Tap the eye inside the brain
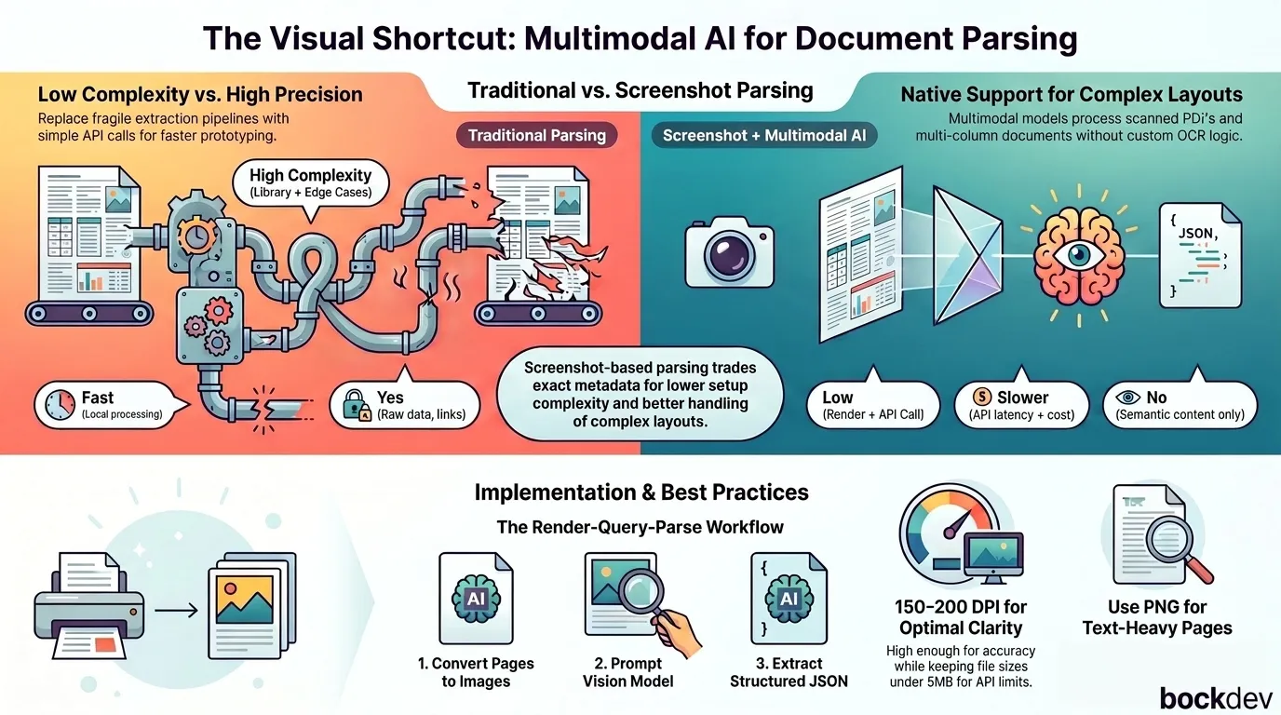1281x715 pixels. (x=1079, y=255)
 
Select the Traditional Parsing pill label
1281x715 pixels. (x=536, y=136)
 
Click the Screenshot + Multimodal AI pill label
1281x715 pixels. (x=764, y=136)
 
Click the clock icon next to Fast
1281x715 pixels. (x=60, y=405)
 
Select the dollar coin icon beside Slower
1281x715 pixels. (x=981, y=397)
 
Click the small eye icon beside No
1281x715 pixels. (x=1127, y=397)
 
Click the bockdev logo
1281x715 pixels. (x=1215, y=698)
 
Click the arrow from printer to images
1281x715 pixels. (x=176, y=611)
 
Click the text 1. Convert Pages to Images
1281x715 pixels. (x=476, y=672)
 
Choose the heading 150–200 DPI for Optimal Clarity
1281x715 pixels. (x=961, y=617)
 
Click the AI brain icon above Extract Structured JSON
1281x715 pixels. (x=789, y=599)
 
